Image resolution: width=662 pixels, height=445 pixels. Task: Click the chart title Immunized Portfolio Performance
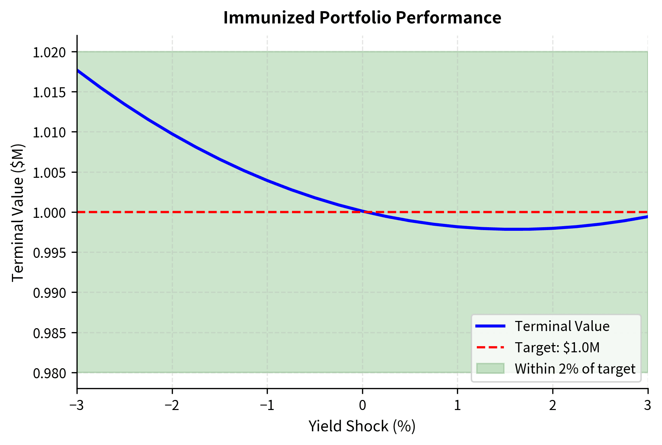(x=362, y=18)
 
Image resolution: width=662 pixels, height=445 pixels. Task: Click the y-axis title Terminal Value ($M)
(x=18, y=212)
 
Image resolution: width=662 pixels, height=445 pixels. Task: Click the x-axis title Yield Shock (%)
(x=362, y=426)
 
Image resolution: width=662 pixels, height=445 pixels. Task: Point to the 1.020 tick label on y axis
(x=49, y=53)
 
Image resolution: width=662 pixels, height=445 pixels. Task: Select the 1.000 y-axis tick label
(x=49, y=213)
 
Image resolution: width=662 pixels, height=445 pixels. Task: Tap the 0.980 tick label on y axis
(x=49, y=373)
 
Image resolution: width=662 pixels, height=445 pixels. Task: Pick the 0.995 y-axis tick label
(x=49, y=253)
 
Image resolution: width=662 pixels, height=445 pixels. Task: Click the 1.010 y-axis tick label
(x=49, y=133)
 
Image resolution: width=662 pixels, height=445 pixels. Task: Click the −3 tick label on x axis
(x=77, y=406)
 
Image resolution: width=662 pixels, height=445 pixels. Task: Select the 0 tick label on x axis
(x=362, y=406)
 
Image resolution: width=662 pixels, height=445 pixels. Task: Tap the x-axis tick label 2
(x=553, y=406)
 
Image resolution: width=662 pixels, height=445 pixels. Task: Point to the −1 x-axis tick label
(x=267, y=406)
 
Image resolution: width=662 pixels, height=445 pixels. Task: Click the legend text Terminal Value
(x=562, y=326)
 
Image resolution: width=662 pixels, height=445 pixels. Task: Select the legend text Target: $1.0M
(x=557, y=347)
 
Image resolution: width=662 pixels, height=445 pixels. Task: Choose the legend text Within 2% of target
(x=575, y=369)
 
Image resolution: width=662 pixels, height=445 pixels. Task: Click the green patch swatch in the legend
(x=490, y=369)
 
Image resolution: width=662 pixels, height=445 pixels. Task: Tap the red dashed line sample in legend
(x=490, y=347)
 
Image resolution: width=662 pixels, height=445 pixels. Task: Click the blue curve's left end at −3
(x=78, y=70)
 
